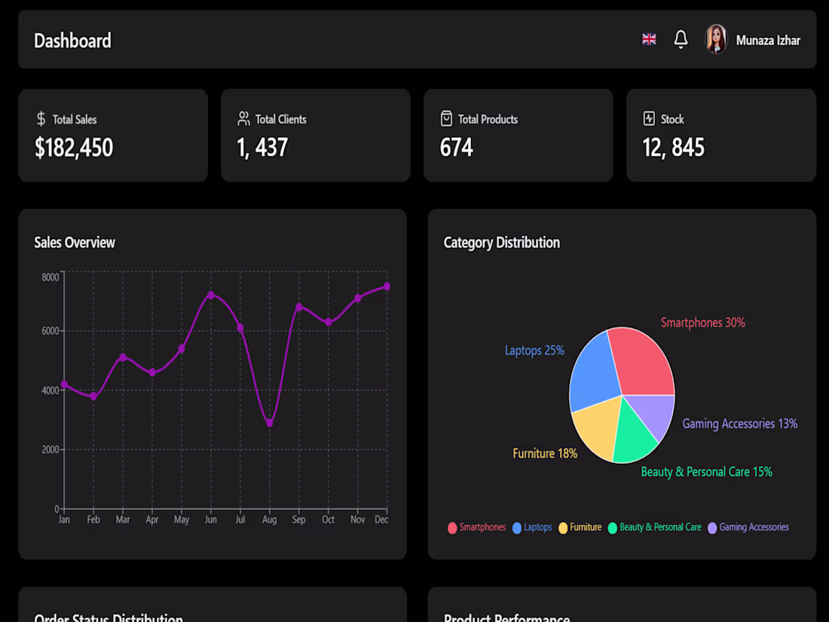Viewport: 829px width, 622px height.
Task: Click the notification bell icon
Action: tap(681, 39)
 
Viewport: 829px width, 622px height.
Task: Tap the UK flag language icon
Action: tap(649, 39)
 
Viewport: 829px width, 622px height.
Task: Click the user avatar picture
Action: tap(715, 39)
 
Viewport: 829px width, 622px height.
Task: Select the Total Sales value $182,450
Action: tap(74, 148)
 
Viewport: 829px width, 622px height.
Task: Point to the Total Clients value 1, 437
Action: tap(262, 148)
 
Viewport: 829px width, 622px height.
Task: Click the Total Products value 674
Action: tap(456, 148)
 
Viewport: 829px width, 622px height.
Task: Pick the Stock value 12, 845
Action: tap(673, 148)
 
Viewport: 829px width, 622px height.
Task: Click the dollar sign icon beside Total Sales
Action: tap(41, 119)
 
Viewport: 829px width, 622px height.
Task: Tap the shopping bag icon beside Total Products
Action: tap(446, 119)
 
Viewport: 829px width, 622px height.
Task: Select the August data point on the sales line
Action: tap(270, 423)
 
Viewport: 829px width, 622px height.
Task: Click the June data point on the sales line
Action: tap(211, 295)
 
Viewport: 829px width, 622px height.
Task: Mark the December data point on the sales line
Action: tap(387, 286)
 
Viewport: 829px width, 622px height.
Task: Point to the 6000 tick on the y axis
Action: tap(50, 331)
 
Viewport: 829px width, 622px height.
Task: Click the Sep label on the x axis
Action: tap(298, 519)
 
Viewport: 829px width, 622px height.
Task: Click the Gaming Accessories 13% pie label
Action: tap(739, 424)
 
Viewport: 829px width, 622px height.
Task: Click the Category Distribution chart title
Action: tap(501, 243)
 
